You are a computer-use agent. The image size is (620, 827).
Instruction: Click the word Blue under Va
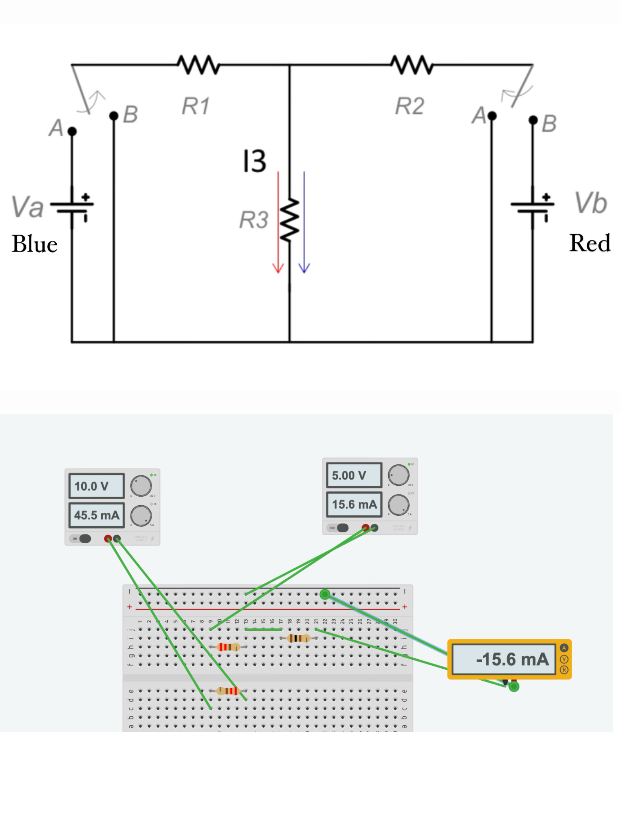pos(34,244)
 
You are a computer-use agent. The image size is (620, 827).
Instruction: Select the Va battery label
pos(27,206)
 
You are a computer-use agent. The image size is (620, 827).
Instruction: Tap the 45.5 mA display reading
pos(96,515)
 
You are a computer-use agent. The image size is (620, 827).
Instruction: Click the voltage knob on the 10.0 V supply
pos(141,486)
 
